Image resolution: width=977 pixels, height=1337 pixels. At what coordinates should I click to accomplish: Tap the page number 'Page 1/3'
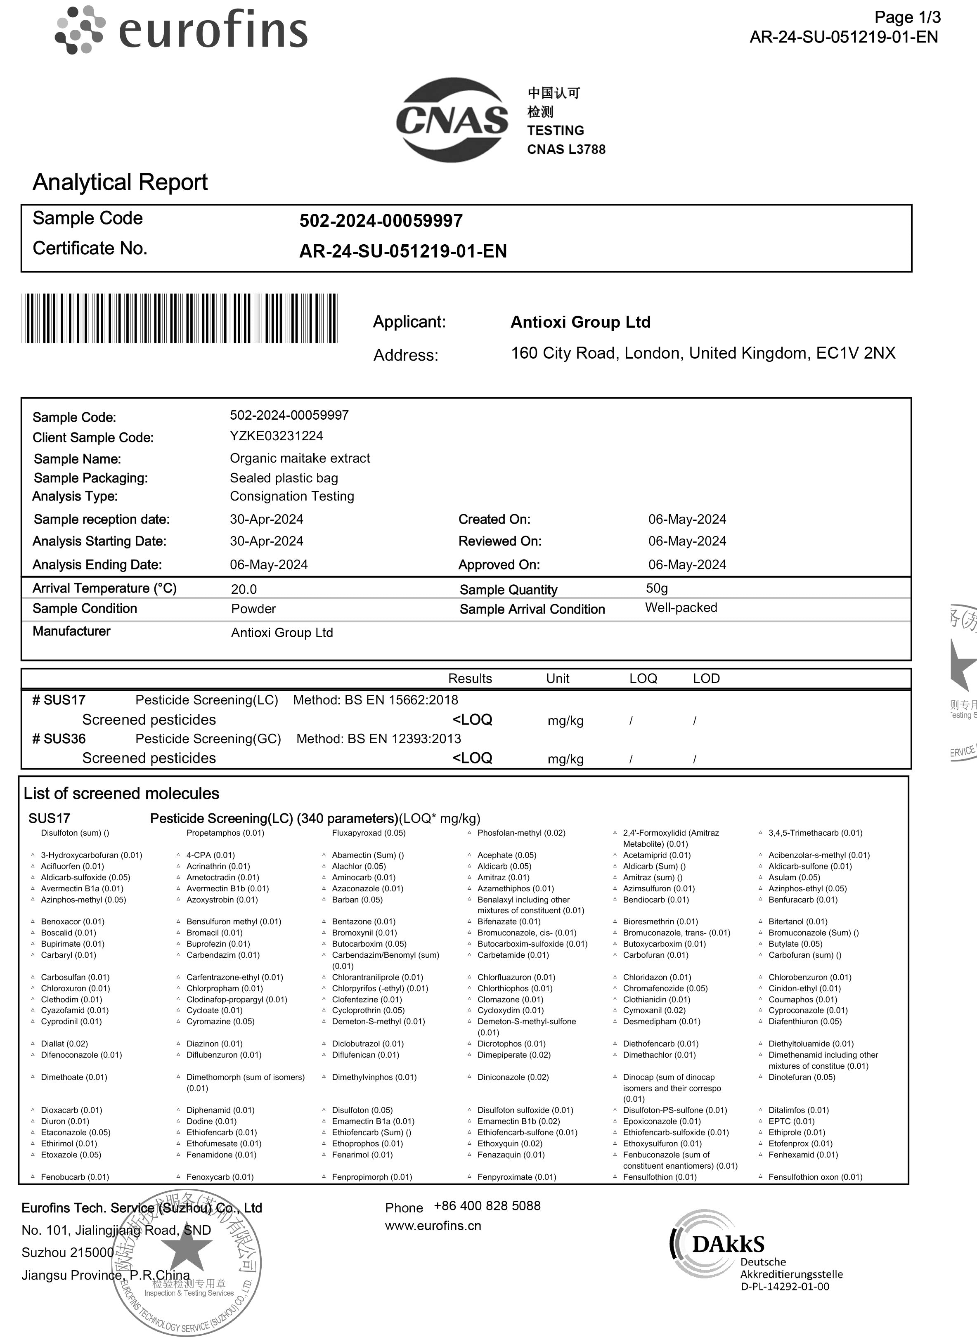907,17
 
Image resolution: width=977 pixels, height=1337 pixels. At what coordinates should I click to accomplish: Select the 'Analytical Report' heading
120,182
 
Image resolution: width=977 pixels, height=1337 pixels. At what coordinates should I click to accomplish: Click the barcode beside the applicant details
179,318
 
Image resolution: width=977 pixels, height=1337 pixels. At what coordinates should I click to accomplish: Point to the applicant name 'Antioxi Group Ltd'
580,322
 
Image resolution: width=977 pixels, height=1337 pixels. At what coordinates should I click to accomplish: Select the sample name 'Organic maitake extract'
300,458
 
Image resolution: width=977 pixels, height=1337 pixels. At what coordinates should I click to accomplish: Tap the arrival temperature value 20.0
244,589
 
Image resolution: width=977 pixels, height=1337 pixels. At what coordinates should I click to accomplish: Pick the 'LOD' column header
706,678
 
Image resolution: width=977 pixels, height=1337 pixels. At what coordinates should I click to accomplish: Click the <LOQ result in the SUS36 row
472,758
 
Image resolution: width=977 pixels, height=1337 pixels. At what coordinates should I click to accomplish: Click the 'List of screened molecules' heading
121,794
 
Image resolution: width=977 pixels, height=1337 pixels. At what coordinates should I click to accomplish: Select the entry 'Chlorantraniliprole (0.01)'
377,978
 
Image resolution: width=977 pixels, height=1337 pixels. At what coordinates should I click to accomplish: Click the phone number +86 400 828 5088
487,1206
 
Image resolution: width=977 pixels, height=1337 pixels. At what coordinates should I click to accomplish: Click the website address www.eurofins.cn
433,1226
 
